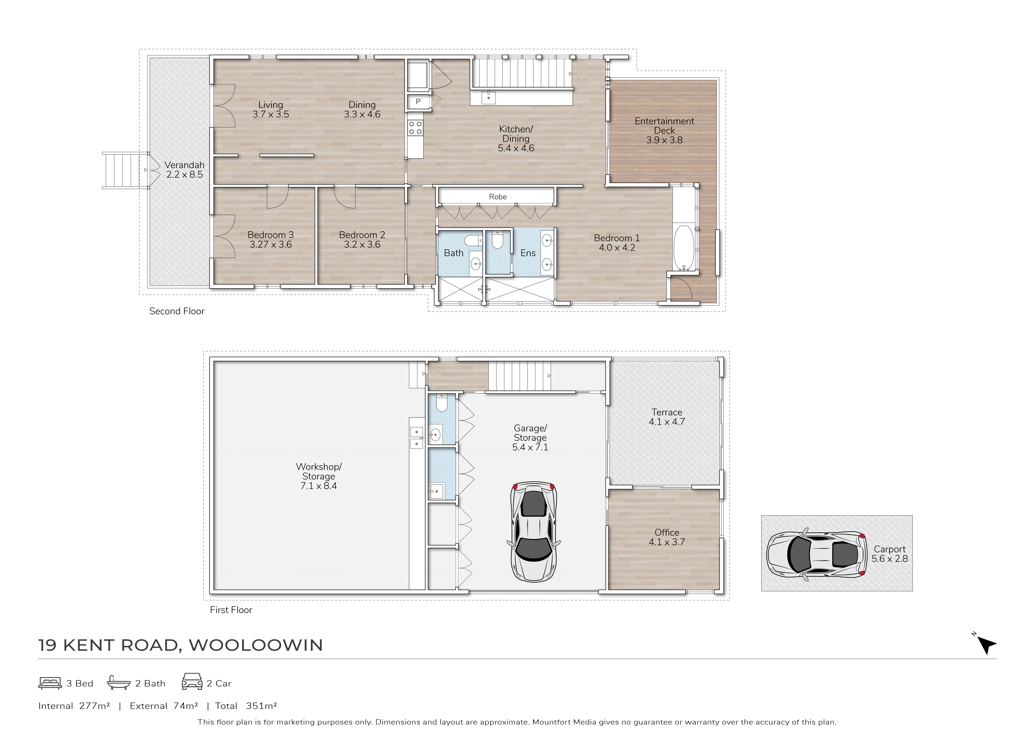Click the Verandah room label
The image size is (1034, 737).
click(x=184, y=165)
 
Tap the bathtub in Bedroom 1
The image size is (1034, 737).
click(x=684, y=247)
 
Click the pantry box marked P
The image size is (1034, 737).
click(x=418, y=102)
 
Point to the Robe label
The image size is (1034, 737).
click(x=498, y=197)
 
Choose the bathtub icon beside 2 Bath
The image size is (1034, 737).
click(x=118, y=683)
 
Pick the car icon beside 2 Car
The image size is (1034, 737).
click(x=192, y=682)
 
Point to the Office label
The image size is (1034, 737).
click(x=667, y=532)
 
